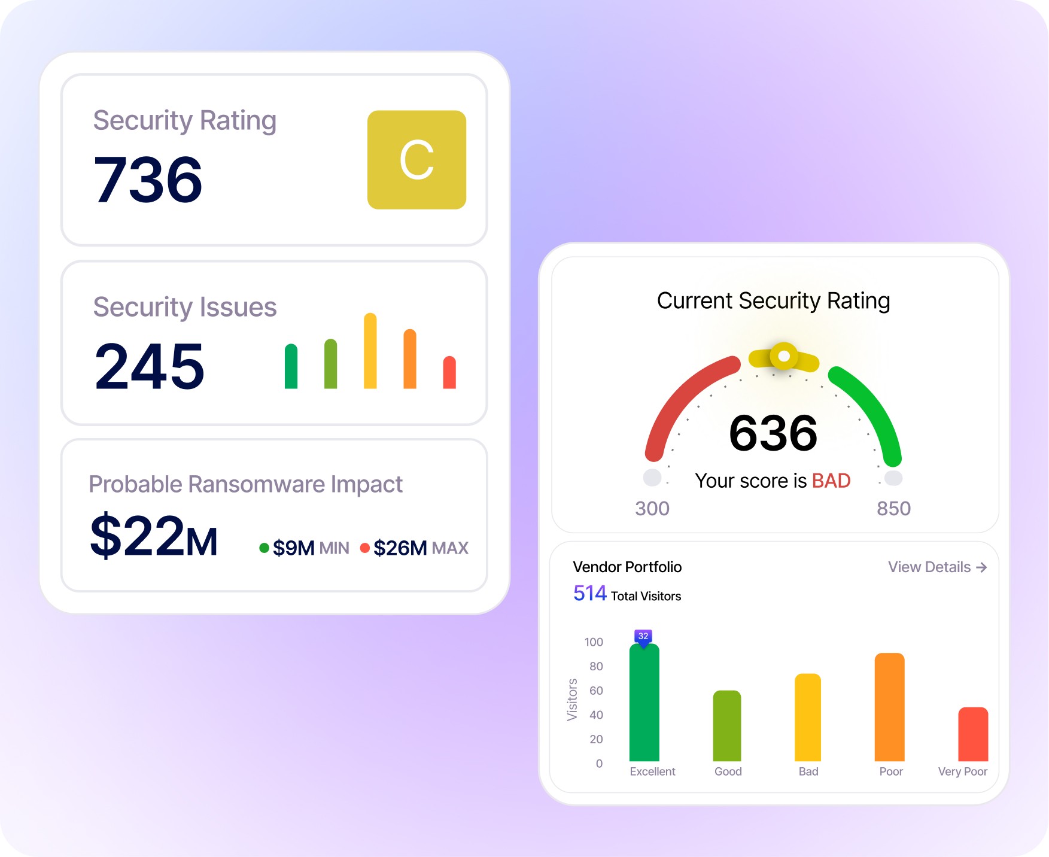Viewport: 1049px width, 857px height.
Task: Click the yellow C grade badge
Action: coord(416,160)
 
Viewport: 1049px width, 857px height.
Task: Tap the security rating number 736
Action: coord(148,180)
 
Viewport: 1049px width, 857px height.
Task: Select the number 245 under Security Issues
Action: coord(150,366)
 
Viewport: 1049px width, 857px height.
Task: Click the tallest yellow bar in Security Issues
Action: coord(370,351)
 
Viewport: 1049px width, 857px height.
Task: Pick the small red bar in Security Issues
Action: coord(449,372)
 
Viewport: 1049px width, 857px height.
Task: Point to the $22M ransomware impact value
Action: coord(154,536)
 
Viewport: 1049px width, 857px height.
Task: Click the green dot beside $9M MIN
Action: coord(264,548)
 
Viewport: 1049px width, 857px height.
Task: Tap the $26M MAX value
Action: coord(400,548)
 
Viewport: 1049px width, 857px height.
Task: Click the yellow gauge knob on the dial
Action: coord(784,357)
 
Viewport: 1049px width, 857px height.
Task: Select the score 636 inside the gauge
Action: coord(773,433)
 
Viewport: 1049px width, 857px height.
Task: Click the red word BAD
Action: coord(831,481)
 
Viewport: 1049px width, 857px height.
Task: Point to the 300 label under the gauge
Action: coord(652,508)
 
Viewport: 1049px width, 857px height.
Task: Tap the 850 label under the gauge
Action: coord(893,508)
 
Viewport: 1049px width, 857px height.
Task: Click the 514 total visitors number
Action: coord(590,593)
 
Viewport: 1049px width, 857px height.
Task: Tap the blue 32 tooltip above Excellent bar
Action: coord(643,636)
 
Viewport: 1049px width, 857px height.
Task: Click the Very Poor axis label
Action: coord(962,771)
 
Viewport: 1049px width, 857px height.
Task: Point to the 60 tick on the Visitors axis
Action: coord(596,691)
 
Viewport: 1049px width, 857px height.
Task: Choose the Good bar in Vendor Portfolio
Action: coord(727,726)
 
